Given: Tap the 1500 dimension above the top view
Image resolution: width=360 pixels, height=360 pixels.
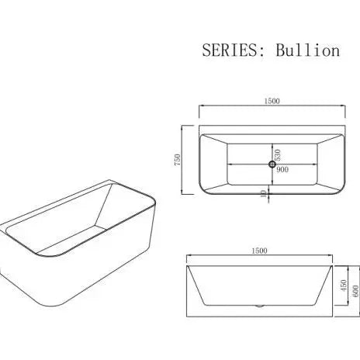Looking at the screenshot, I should [x=271, y=100].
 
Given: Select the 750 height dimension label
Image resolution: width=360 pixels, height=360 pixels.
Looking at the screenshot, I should [x=178, y=161].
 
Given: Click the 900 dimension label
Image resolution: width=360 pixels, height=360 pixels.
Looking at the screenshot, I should [x=282, y=169].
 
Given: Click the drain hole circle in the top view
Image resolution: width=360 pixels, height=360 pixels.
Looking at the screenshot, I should [x=271, y=164].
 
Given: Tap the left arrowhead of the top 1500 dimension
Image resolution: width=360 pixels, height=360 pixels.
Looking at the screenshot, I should [x=201, y=106].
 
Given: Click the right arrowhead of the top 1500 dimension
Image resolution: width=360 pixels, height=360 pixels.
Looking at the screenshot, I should [x=341, y=106].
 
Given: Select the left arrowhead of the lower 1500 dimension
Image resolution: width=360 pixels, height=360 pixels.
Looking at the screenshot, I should [x=191, y=257].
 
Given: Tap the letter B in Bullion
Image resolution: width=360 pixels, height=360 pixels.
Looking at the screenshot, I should [x=283, y=50].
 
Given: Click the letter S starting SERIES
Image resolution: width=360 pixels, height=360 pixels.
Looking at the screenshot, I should [x=207, y=50].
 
